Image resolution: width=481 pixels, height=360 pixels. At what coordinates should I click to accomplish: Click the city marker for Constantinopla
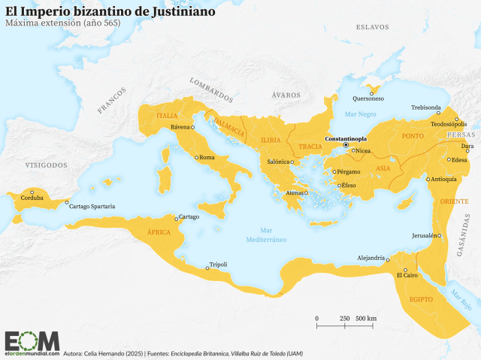point(346,145)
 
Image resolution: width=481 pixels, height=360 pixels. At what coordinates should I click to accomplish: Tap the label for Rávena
point(180,127)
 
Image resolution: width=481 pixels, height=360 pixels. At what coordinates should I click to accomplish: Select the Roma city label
point(207,158)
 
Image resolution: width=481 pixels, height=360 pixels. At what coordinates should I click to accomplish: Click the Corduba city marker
point(32,192)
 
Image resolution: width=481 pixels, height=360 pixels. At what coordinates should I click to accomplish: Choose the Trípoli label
point(218,265)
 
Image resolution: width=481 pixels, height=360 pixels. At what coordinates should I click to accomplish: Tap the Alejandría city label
point(371,257)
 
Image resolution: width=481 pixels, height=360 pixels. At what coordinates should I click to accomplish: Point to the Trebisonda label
point(425,107)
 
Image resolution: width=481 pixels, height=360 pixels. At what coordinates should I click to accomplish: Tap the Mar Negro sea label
point(359,113)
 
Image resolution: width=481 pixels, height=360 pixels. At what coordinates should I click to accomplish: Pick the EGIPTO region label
point(421,299)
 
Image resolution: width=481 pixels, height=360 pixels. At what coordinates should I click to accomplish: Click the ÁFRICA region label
point(159,232)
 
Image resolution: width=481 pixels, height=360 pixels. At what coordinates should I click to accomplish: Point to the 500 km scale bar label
point(366,319)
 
